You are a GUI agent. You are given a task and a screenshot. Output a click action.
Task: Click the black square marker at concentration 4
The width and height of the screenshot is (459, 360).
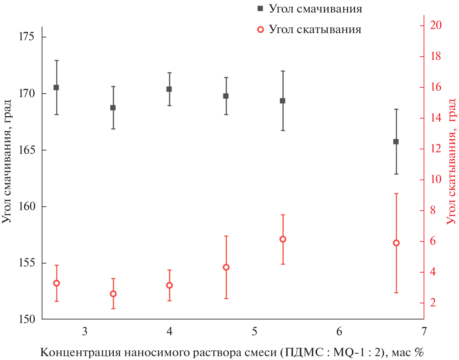pyautogui.click(x=169, y=89)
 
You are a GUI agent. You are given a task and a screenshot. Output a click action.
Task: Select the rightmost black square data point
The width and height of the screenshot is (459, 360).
pyautogui.click(x=396, y=142)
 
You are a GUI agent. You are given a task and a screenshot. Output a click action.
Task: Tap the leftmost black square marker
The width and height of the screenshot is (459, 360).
pyautogui.click(x=56, y=87)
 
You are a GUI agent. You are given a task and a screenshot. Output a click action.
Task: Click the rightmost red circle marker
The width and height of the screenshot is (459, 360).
pyautogui.click(x=396, y=243)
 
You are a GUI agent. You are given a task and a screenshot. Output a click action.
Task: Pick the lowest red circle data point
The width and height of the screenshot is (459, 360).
pyautogui.click(x=113, y=294)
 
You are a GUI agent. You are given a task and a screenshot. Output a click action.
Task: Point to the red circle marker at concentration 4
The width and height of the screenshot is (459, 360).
pyautogui.click(x=169, y=285)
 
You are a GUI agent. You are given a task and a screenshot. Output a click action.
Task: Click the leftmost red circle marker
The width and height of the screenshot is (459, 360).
pyautogui.click(x=56, y=283)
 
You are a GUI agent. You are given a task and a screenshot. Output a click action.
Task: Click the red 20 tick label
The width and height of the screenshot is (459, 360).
pyautogui.click(x=435, y=25)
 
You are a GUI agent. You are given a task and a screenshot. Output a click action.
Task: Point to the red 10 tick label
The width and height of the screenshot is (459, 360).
pyautogui.click(x=435, y=179)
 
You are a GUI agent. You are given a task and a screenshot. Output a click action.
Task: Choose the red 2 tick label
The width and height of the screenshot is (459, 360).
pyautogui.click(x=432, y=303)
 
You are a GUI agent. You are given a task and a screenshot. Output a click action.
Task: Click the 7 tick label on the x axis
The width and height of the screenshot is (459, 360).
pyautogui.click(x=424, y=331)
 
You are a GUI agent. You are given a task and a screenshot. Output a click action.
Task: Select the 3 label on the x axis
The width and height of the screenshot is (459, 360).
pyautogui.click(x=85, y=331)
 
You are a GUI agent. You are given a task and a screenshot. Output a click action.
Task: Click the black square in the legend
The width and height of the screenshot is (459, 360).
pyautogui.click(x=260, y=9)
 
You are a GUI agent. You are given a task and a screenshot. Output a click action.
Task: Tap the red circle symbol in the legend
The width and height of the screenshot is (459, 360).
pyautogui.click(x=261, y=30)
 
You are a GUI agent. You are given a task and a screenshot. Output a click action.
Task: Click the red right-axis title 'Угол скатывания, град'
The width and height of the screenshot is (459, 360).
pyautogui.click(x=452, y=161)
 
